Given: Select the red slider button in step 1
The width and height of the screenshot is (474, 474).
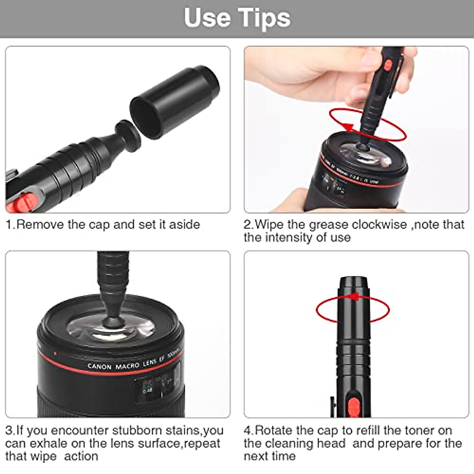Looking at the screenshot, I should coord(24,200).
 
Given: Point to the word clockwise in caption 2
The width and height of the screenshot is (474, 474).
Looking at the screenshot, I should coord(379,224).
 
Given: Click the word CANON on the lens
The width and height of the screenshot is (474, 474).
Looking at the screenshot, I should coord(100,367).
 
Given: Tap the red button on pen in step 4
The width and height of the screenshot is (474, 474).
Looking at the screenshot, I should coord(354,407).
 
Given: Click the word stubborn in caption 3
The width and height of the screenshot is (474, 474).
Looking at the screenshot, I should coord(137,430).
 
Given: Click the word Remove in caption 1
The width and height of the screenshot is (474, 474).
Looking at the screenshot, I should coord(41,224).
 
